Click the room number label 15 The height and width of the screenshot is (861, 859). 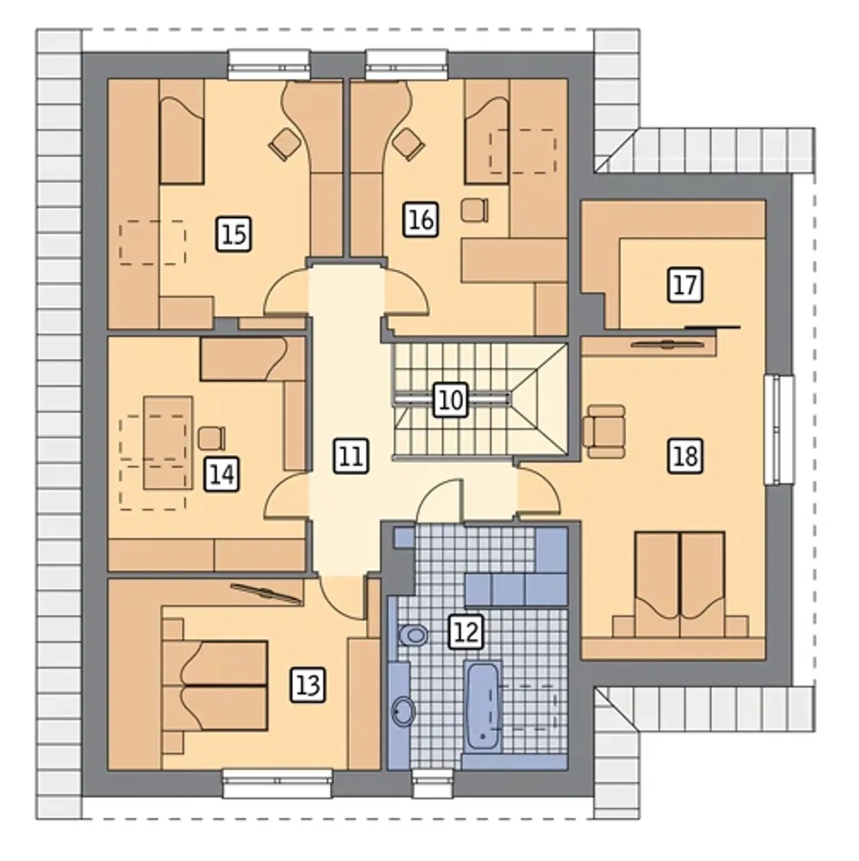[x=234, y=234]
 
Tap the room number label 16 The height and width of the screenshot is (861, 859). [x=421, y=219]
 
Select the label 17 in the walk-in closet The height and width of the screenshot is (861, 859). [x=685, y=285]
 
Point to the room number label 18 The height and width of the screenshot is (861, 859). [x=685, y=456]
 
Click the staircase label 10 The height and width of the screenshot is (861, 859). [x=452, y=399]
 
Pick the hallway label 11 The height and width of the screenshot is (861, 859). [x=351, y=456]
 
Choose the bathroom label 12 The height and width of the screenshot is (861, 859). [x=466, y=632]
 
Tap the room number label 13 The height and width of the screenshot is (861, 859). [x=308, y=685]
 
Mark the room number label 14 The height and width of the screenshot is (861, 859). [x=221, y=474]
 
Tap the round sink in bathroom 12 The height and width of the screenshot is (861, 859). [x=403, y=711]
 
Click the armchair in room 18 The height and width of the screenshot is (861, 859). [x=604, y=431]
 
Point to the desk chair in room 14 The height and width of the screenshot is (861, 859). [x=212, y=438]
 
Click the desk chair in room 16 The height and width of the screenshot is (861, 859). [x=474, y=210]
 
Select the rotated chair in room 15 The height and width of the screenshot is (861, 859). [x=285, y=144]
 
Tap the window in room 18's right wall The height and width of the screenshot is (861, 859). [x=778, y=429]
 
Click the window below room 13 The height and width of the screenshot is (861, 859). [x=277, y=470]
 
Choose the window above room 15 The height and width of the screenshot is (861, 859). [x=269, y=65]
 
